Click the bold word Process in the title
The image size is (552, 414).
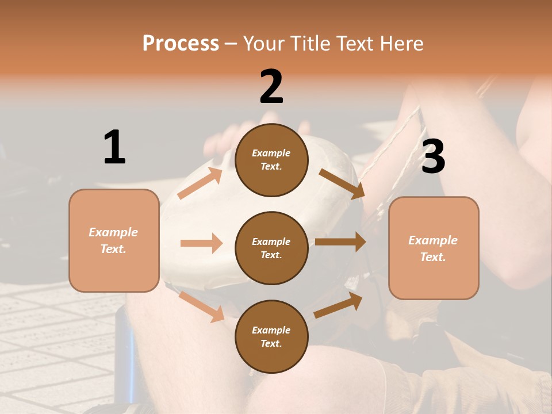click(x=181, y=43)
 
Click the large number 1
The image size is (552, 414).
click(x=114, y=147)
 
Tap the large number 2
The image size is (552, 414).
click(x=271, y=87)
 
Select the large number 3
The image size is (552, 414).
click(x=433, y=156)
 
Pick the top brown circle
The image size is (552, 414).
click(x=271, y=160)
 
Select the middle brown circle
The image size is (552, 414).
click(x=271, y=248)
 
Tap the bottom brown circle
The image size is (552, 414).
click(x=271, y=336)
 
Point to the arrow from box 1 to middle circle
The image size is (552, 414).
click(x=201, y=243)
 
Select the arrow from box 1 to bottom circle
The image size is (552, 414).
click(x=202, y=306)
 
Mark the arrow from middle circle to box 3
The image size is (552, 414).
click(x=340, y=241)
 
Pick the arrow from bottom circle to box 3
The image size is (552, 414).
click(x=339, y=305)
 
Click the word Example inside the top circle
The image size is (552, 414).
click(x=271, y=153)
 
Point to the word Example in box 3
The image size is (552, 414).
click(x=433, y=240)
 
